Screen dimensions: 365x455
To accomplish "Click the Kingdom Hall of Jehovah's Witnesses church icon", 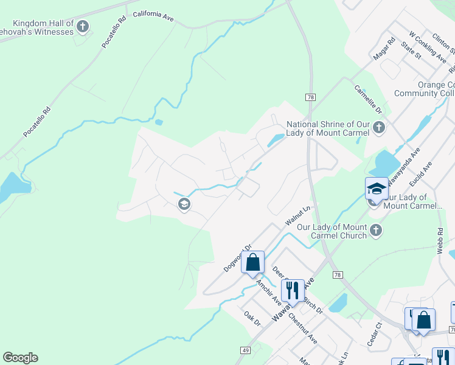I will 83,26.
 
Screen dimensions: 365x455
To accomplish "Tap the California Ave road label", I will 153,16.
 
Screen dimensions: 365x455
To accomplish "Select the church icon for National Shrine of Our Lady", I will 379,128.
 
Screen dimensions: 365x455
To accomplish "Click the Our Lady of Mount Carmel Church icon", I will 376,231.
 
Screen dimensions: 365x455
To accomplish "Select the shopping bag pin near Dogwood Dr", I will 253,263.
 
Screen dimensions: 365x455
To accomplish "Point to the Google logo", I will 20,358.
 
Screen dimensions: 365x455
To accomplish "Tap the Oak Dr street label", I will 251,318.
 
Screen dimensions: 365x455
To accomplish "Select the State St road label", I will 411,50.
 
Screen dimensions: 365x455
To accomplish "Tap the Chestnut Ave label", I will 302,328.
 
